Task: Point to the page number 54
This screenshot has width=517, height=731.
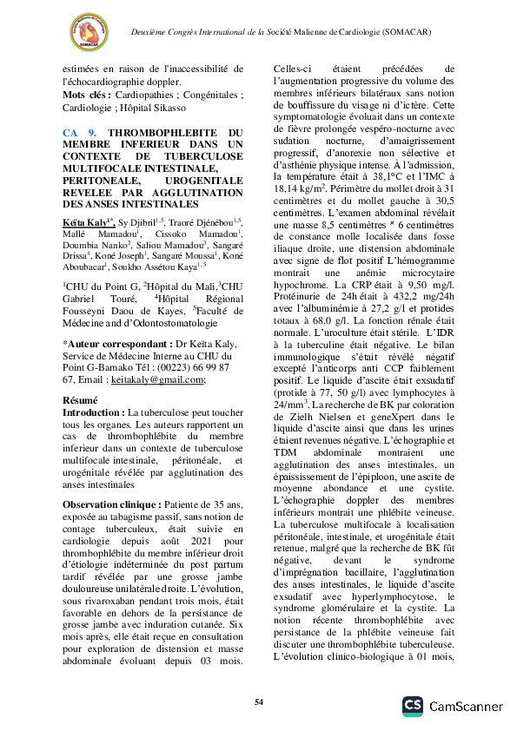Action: point(258,701)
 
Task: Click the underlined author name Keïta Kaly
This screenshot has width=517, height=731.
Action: point(85,223)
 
